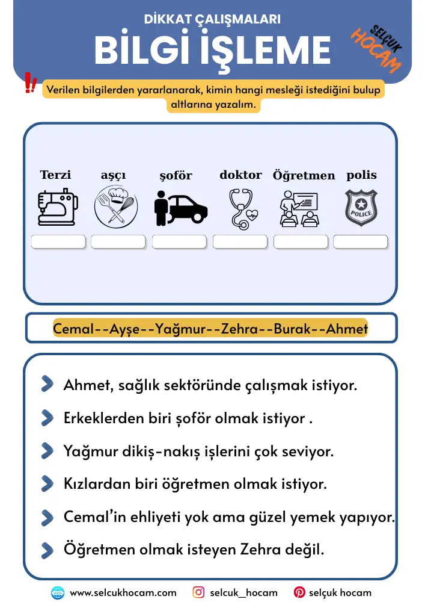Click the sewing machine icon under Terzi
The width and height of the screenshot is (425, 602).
point(58,208)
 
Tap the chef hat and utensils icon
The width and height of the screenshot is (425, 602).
point(116,208)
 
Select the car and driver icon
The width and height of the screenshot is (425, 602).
point(180,208)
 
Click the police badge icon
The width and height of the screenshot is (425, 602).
point(361,208)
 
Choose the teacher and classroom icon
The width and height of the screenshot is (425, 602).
point(299,208)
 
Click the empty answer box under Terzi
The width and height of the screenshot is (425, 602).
point(58,242)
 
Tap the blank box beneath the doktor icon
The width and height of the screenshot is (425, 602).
point(240,242)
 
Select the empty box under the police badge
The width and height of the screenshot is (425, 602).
point(361,242)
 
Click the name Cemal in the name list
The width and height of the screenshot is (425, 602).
point(74,329)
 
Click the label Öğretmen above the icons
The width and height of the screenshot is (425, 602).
point(304,176)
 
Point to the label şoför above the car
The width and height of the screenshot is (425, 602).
point(176,176)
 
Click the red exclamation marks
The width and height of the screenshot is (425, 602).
point(30,84)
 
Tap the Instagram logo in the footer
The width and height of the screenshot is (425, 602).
point(198,592)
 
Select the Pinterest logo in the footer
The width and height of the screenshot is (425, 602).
point(299,592)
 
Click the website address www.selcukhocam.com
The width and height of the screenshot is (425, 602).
point(123,593)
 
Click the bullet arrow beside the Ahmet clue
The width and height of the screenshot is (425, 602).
point(47,385)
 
